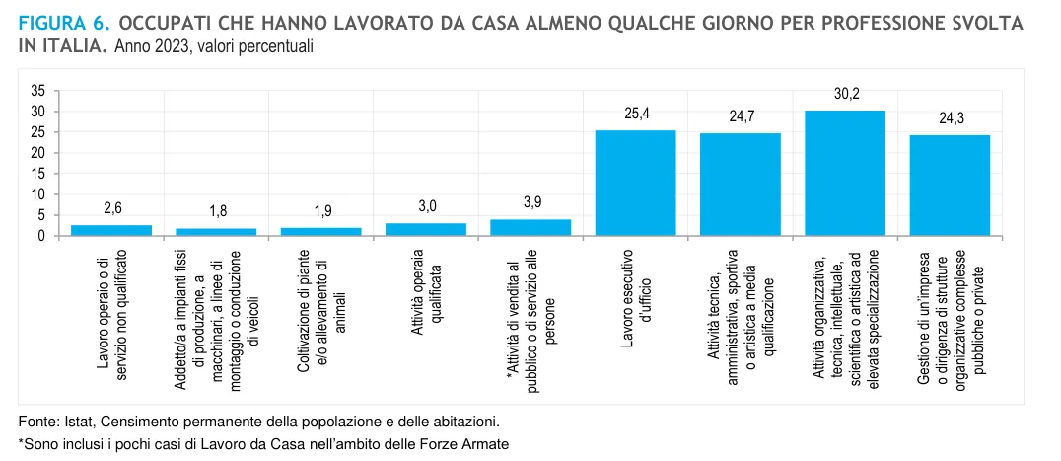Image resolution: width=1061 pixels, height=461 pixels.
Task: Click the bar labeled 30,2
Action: (845, 173)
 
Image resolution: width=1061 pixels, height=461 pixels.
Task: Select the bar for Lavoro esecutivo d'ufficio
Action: (636, 183)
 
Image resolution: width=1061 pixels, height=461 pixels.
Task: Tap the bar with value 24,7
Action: (741, 185)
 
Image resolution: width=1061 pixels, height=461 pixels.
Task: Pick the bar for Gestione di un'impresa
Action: (950, 186)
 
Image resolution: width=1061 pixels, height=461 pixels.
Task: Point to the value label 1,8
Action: (217, 212)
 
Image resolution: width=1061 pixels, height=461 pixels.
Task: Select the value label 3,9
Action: (530, 202)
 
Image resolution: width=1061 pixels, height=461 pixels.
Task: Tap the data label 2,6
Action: (112, 208)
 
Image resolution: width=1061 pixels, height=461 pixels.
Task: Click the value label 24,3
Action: (950, 119)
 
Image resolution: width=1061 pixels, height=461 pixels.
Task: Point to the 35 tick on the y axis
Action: (38, 91)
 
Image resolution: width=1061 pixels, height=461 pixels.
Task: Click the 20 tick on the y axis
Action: (38, 153)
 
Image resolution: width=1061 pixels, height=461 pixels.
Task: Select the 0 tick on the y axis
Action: (42, 237)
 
